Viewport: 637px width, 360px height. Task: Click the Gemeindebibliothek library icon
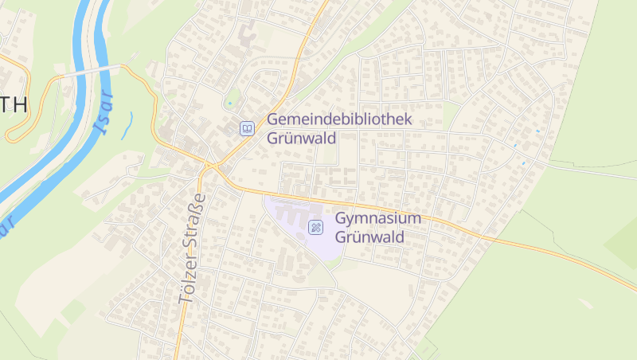pos(248,127)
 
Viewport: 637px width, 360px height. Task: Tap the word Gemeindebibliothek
pos(339,119)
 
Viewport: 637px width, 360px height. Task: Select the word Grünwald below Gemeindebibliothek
pos(302,138)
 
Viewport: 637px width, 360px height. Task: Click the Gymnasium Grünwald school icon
pos(316,228)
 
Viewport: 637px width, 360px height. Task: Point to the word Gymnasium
pos(377,219)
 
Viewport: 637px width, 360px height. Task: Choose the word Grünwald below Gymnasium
pos(370,237)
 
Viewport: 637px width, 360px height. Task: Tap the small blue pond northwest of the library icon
pos(230,103)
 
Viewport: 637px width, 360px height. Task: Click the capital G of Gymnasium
pos(342,219)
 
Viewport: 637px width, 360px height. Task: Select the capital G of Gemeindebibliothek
pos(273,119)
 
